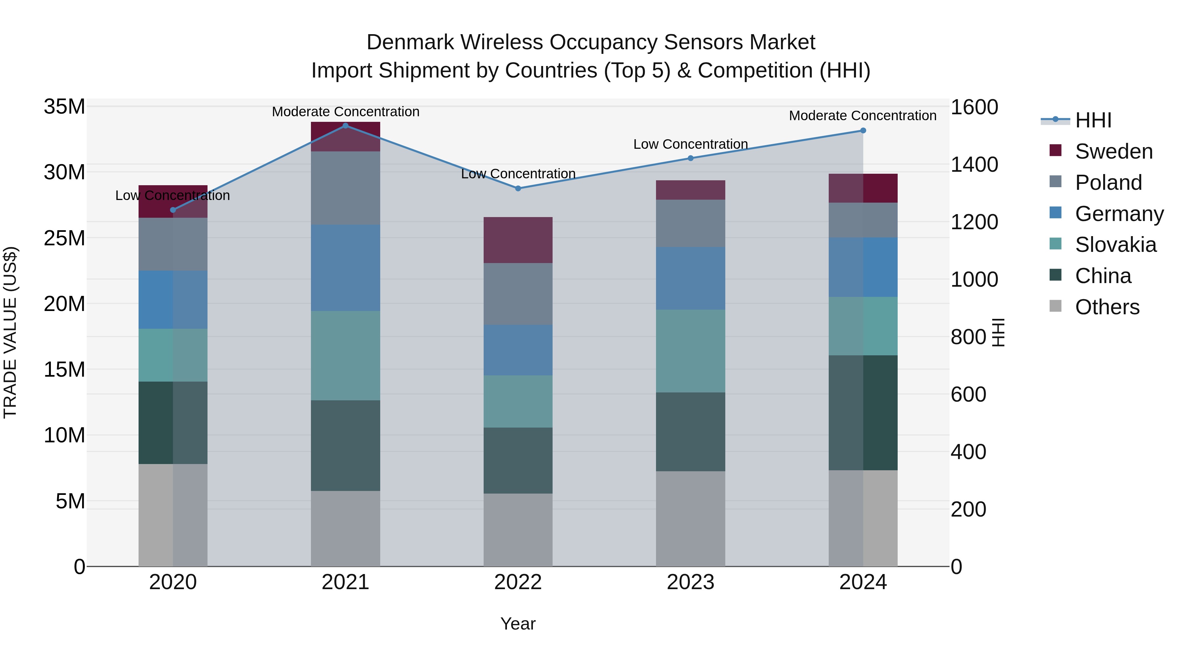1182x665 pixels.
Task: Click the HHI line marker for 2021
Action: tap(345, 126)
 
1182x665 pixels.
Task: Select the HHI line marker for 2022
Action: tap(518, 188)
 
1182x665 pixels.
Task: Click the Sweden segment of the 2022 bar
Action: tap(518, 240)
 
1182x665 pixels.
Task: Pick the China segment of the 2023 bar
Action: tap(690, 432)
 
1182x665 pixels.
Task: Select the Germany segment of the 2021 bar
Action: tap(345, 268)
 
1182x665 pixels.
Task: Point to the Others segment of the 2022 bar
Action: tap(518, 530)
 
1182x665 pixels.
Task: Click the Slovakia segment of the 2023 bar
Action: tap(690, 351)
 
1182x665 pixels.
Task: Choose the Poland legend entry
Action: tap(1108, 183)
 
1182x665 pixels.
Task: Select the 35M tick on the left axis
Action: tap(64, 107)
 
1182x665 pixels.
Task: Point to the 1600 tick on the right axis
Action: tap(974, 107)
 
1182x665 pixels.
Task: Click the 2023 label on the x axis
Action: tap(690, 582)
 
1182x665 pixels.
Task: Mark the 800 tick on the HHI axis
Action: tap(968, 337)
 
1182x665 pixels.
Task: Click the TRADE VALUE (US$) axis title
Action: tap(10, 332)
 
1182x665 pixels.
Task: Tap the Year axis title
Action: tap(518, 624)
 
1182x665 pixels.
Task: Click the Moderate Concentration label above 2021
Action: tap(345, 112)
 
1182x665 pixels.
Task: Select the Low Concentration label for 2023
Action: tap(690, 144)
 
